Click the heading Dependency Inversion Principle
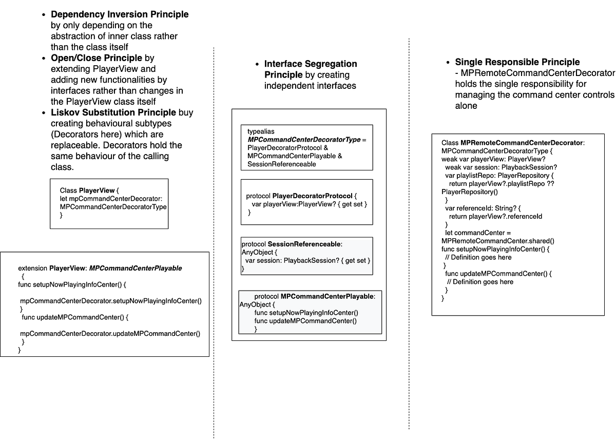(120, 14)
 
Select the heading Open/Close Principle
(97, 58)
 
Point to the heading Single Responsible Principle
(517, 62)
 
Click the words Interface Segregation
(311, 64)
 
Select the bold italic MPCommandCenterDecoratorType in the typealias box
(304, 140)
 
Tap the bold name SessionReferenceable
(304, 244)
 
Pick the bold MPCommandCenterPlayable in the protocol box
(327, 296)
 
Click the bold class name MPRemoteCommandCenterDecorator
(522, 143)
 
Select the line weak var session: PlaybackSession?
(500, 167)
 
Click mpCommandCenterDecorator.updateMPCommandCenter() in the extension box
(110, 334)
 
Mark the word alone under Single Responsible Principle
(466, 106)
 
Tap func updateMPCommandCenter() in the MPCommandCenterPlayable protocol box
(305, 321)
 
